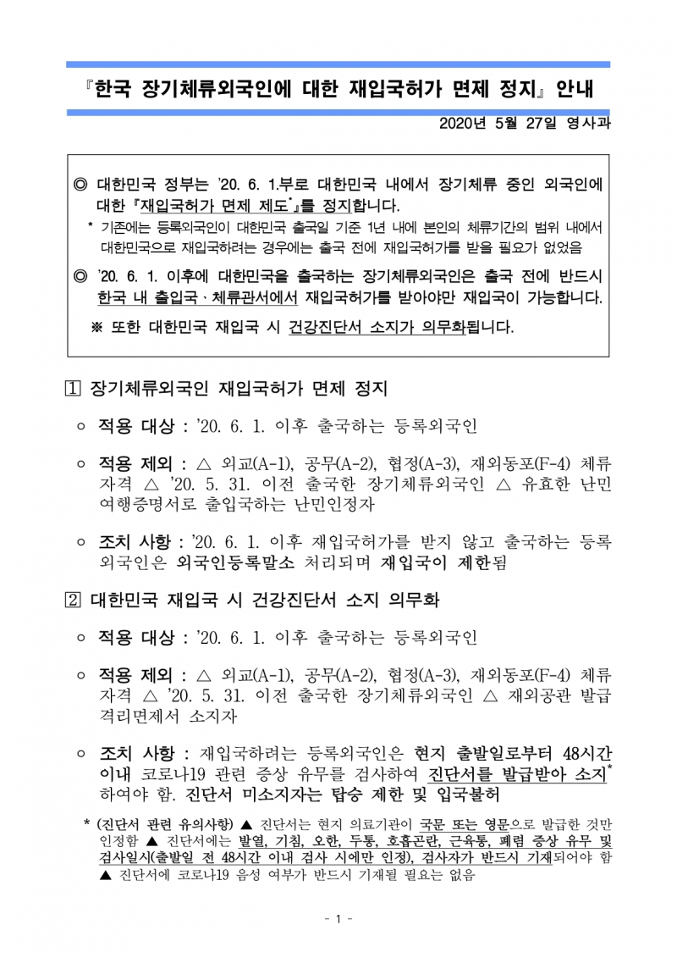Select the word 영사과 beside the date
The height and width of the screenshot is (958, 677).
click(x=589, y=124)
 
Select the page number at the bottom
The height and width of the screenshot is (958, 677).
click(x=338, y=920)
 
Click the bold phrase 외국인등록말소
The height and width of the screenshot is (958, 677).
click(x=230, y=562)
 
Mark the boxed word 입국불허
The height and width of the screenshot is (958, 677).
click(x=465, y=795)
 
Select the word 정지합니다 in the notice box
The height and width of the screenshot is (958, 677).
click(x=355, y=206)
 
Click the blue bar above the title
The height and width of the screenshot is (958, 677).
click(x=338, y=64)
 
